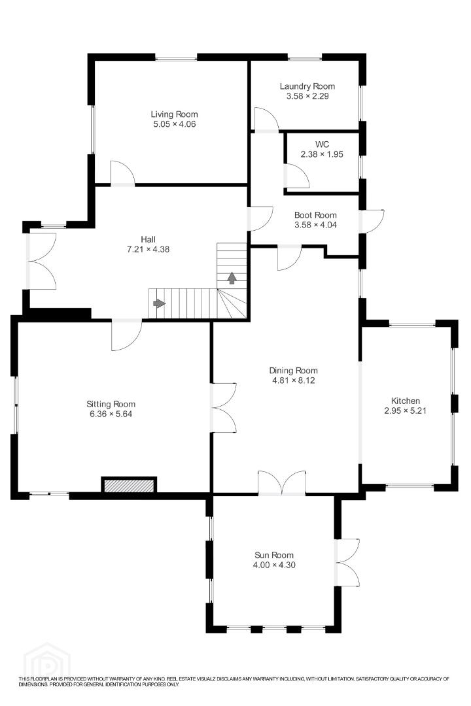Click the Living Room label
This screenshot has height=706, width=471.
(x=174, y=114)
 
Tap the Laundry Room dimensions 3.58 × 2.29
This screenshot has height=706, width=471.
(x=307, y=96)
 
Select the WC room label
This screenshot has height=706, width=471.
(x=322, y=144)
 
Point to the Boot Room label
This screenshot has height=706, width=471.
(x=315, y=215)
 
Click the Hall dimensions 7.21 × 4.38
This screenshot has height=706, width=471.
(x=148, y=249)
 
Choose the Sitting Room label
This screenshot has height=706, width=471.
(x=111, y=405)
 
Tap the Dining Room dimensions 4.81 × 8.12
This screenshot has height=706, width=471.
(x=294, y=380)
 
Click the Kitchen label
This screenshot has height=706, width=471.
(x=405, y=401)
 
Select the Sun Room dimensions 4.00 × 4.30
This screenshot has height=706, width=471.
(x=274, y=565)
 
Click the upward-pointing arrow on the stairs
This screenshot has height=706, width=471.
(x=232, y=278)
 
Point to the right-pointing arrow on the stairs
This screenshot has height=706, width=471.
(x=159, y=303)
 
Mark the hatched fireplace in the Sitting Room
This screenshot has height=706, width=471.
(x=129, y=486)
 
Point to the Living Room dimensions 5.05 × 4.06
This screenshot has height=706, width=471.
(x=175, y=124)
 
